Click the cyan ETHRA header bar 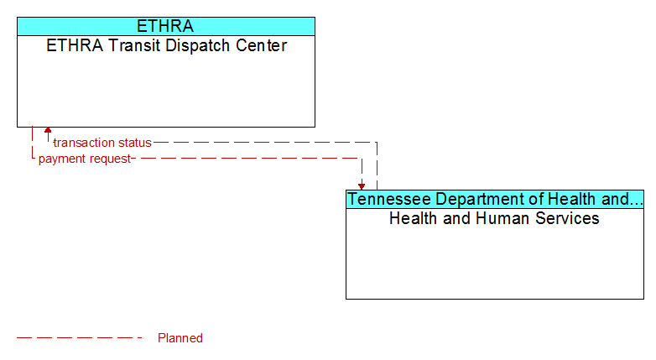point(166,26)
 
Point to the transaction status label point(102,143)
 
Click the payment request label point(85,159)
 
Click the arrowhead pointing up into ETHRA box point(48,130)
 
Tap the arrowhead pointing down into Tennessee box point(362,186)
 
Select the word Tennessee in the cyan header point(389,199)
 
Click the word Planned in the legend point(180,338)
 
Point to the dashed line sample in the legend point(80,337)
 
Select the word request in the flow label point(114,159)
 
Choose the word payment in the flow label point(66,159)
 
